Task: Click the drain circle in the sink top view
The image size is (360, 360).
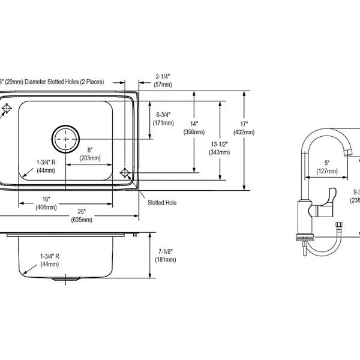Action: (65, 139)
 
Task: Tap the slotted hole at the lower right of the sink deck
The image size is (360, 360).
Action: (125, 173)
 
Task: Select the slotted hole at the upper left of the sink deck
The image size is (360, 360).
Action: (6, 108)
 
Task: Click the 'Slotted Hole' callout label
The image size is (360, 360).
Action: (162, 203)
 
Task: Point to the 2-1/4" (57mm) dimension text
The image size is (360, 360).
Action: (163, 80)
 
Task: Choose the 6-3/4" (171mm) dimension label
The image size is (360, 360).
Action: (163, 118)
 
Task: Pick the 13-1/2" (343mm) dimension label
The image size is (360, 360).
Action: (219, 148)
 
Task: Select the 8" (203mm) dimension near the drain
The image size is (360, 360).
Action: (90, 154)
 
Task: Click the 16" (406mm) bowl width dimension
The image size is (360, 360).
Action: (46, 203)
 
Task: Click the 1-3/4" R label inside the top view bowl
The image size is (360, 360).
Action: (46, 166)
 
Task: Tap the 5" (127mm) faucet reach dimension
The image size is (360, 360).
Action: (327, 166)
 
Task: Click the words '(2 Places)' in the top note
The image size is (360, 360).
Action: (103, 81)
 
